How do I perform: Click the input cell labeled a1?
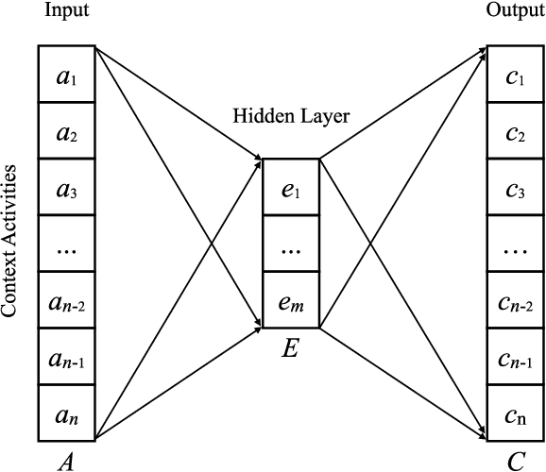coord(66,76)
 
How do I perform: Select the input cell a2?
coord(66,133)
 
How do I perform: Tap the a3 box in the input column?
coord(66,190)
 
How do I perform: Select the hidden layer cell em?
coord(290,301)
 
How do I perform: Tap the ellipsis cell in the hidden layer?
coord(290,245)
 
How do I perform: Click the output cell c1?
coord(515,76)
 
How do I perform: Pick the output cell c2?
coord(515,133)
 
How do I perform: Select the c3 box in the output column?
coord(515,190)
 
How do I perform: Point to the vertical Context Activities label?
coord(11,240)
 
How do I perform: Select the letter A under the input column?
coord(66,460)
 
